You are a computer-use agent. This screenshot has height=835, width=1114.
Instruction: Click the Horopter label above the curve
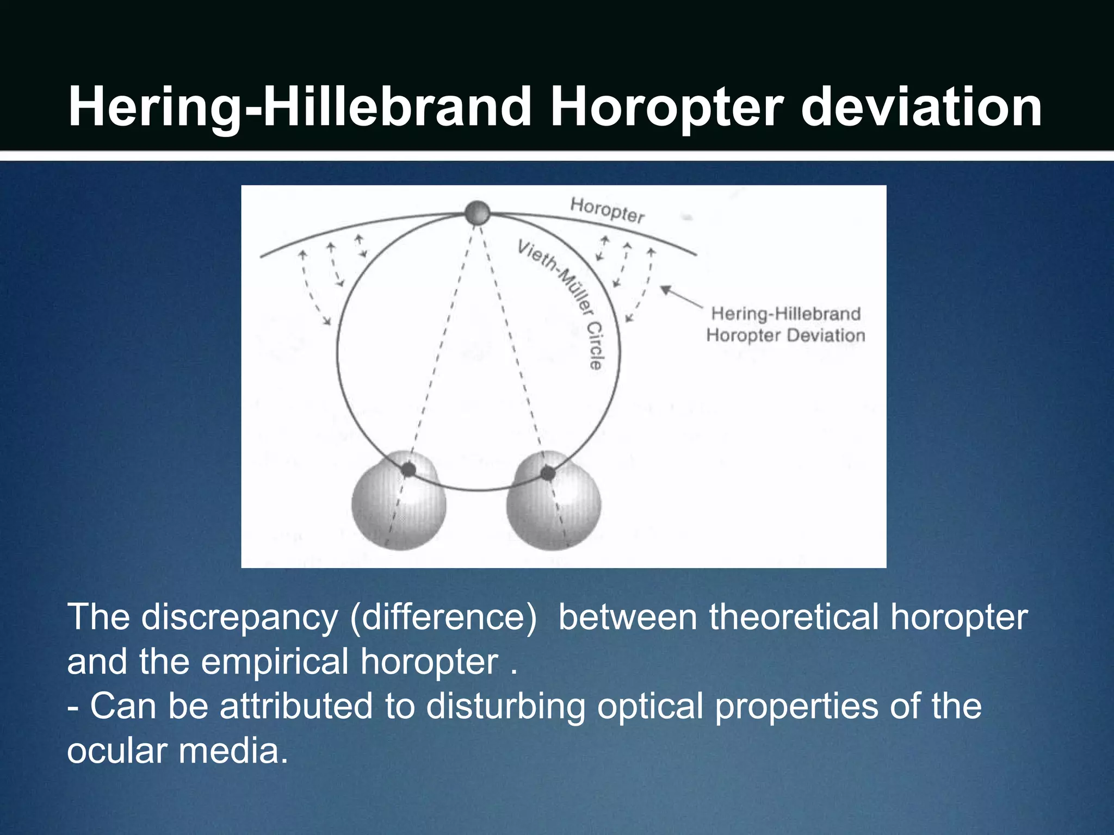click(607, 210)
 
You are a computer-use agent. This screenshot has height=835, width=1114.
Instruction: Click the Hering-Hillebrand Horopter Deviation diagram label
click(785, 325)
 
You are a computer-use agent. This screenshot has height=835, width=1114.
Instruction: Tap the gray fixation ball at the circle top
click(478, 213)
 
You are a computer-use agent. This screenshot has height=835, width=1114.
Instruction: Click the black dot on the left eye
click(408, 470)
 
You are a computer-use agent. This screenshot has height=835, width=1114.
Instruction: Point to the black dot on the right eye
click(548, 473)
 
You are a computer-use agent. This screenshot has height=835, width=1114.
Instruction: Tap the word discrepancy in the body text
click(240, 619)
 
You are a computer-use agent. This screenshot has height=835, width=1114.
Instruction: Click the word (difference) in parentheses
click(443, 619)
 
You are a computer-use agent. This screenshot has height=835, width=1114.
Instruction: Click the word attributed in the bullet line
click(296, 706)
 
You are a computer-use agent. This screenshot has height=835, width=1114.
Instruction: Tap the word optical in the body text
click(650, 706)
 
